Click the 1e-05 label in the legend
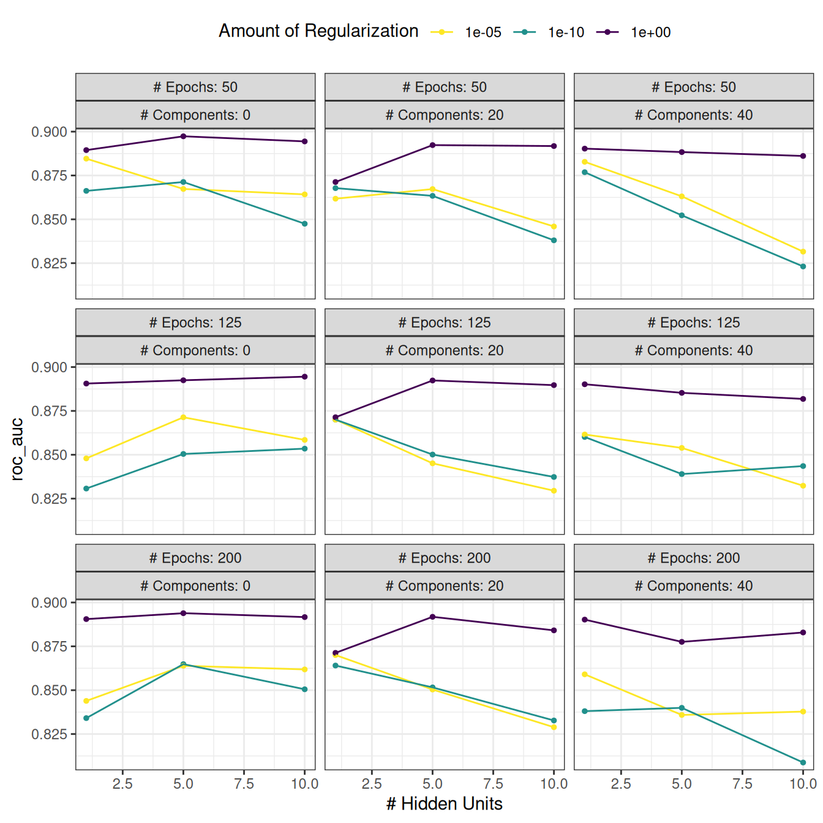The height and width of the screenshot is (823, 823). [x=483, y=32]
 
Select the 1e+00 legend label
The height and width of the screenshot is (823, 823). [x=650, y=32]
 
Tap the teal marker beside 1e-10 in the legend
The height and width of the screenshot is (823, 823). [x=525, y=32]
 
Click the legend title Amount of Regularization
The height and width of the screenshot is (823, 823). [x=318, y=31]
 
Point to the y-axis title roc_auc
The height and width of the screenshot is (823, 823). [x=17, y=449]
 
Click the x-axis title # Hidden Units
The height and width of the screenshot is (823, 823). [x=444, y=803]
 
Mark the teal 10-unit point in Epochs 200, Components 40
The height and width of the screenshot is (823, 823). [x=803, y=762]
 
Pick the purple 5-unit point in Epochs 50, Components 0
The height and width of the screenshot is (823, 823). [x=183, y=137]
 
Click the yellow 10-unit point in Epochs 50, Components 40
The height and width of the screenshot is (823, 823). [x=803, y=252]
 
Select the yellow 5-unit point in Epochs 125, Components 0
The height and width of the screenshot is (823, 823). [x=183, y=418]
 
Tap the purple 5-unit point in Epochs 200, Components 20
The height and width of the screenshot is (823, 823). [x=432, y=617]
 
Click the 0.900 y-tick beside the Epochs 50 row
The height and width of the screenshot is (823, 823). [x=49, y=132]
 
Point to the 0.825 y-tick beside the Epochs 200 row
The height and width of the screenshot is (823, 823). [x=49, y=734]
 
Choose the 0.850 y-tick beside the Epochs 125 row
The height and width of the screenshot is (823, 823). [x=49, y=455]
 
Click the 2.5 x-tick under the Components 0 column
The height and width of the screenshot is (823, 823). [x=122, y=784]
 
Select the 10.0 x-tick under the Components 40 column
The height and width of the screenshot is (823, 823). [x=802, y=784]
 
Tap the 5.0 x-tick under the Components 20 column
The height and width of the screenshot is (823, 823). [x=432, y=784]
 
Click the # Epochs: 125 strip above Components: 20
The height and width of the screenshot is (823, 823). [x=444, y=323]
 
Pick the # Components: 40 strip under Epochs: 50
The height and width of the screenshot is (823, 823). [x=693, y=115]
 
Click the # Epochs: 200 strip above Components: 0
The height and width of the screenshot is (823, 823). [x=195, y=558]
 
